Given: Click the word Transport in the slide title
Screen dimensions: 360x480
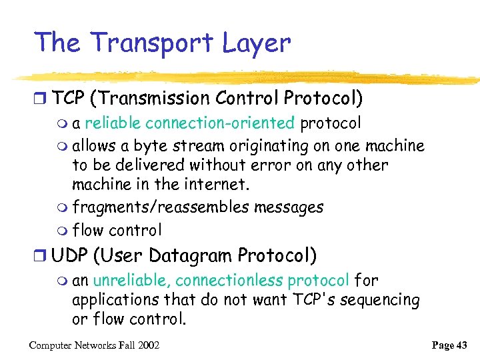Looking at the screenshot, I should point(153,43).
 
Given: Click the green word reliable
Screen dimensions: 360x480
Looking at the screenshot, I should point(113,123).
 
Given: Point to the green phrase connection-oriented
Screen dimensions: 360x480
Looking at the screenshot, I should point(220,123).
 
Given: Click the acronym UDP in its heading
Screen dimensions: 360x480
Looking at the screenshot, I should point(71,255).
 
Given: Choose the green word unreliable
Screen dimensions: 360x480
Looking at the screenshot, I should point(131,281).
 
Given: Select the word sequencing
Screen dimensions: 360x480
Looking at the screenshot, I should point(380,300).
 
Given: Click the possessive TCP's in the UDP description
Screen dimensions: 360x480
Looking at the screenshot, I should point(314,300).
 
